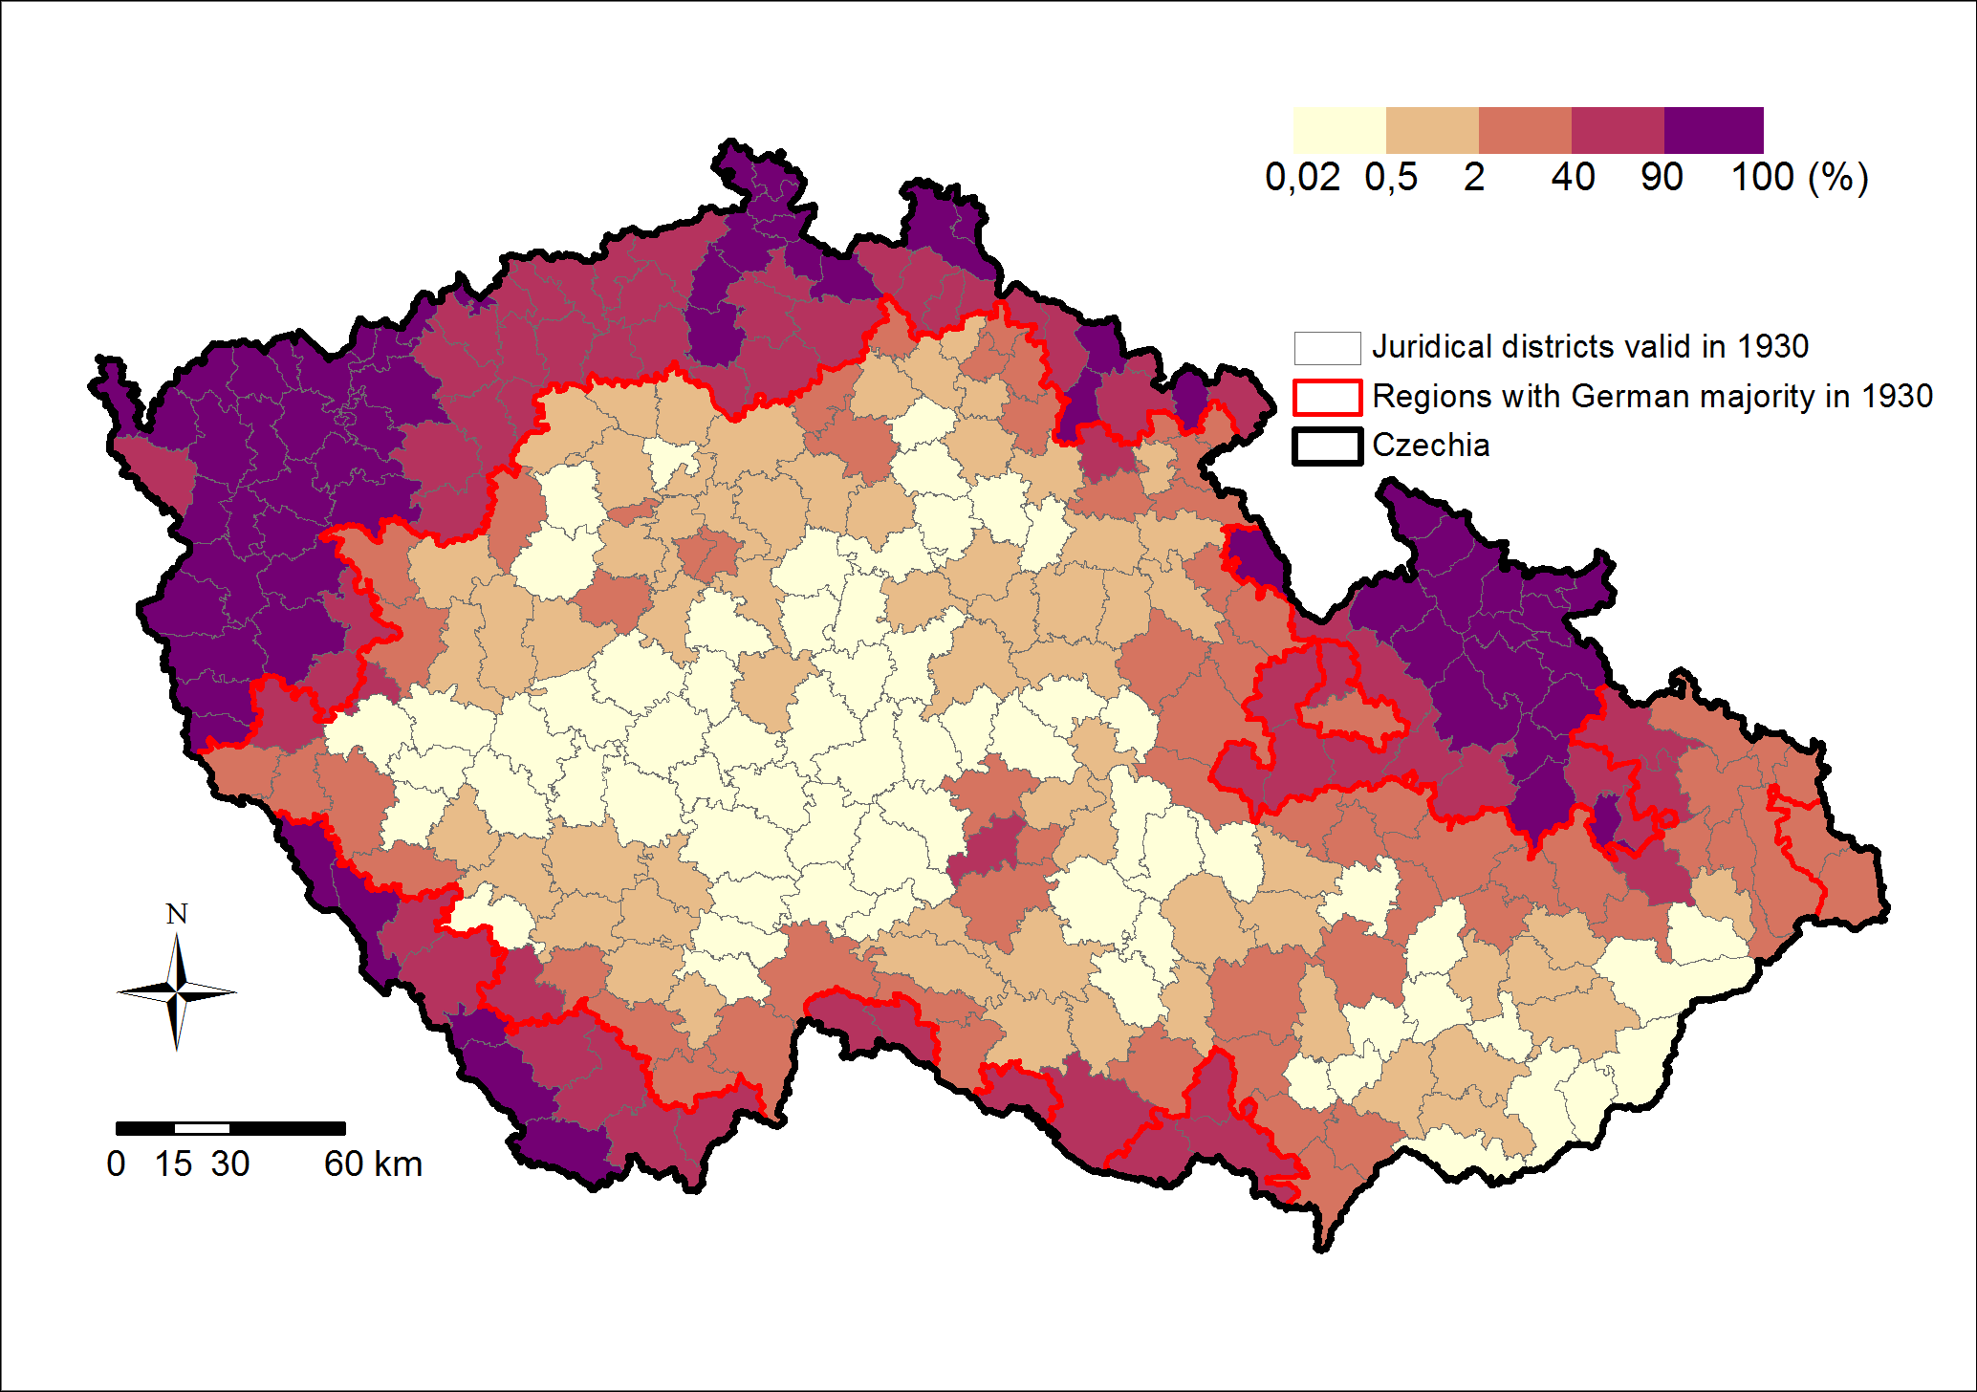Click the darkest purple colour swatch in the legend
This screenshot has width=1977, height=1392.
1713,130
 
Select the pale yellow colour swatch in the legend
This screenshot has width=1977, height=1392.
1338,130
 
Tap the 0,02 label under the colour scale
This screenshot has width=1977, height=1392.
1302,178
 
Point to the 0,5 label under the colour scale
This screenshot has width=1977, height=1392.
1391,178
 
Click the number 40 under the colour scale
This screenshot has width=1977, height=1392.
1573,178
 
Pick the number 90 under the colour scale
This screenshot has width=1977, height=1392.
1662,178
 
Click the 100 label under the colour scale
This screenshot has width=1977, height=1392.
1763,178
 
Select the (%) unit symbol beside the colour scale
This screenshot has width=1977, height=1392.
1837,178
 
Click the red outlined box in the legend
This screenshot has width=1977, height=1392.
1327,397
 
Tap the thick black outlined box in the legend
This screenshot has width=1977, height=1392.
1327,446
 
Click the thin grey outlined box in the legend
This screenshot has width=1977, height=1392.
1327,348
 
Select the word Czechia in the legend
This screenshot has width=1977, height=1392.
1430,446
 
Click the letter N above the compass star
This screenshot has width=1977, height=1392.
177,915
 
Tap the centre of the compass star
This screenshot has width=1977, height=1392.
177,992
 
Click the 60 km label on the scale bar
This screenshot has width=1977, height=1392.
373,1164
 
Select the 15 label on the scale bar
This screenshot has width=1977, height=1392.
173,1164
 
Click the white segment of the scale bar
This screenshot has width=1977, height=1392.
202,1128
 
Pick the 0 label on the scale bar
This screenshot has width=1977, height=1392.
116,1164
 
